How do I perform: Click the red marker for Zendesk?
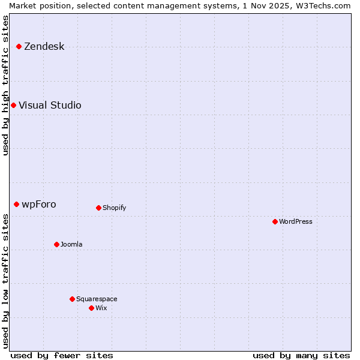click(x=19, y=46)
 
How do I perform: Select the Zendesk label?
click(x=44, y=47)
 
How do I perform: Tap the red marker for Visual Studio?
click(x=13, y=105)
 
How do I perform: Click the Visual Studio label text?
click(x=50, y=106)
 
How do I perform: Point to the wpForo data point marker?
click(x=16, y=204)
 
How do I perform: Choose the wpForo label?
click(x=39, y=205)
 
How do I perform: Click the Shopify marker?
click(x=98, y=208)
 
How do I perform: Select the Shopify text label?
click(x=114, y=208)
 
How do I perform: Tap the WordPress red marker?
click(x=275, y=221)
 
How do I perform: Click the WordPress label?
click(x=296, y=222)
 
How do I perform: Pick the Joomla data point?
click(x=56, y=244)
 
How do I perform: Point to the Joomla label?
click(x=71, y=245)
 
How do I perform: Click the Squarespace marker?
click(x=72, y=299)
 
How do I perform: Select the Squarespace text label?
click(x=97, y=299)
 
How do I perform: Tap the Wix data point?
click(x=91, y=308)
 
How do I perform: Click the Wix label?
click(x=101, y=308)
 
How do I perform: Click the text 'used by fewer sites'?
click(x=62, y=355)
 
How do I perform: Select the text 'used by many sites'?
click(x=301, y=355)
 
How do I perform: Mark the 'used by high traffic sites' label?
click(x=6, y=85)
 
